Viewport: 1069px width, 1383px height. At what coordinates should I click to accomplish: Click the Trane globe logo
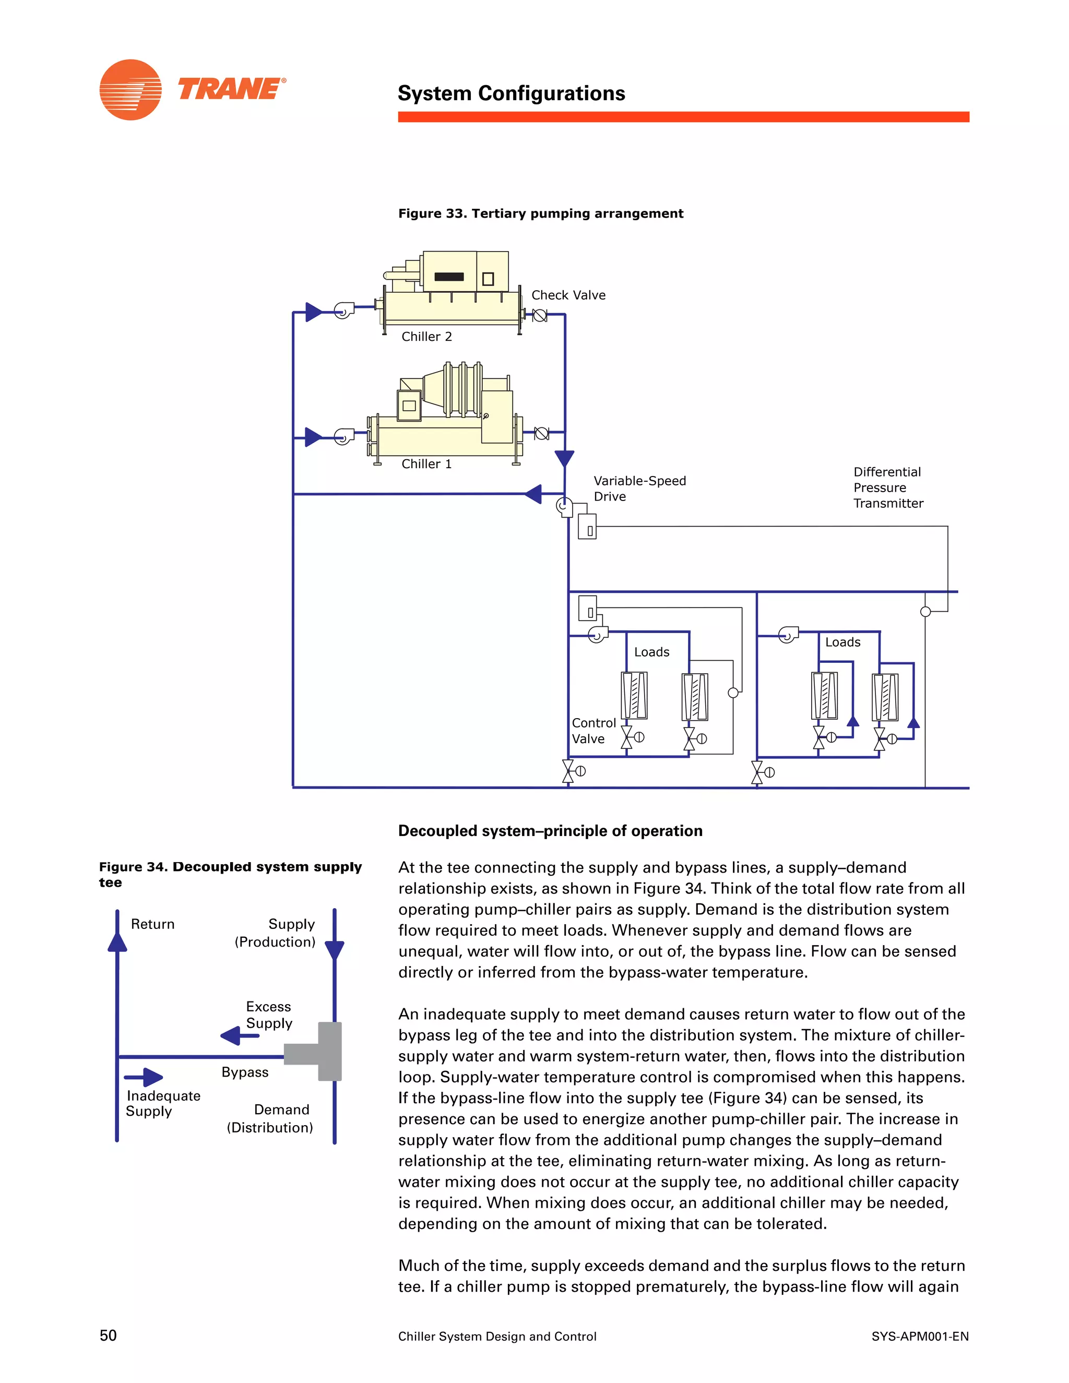130,90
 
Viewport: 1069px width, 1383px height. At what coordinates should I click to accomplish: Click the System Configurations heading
511,94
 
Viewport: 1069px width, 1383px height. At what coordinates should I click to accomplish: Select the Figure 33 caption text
540,213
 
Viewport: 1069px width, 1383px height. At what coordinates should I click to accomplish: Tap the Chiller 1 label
426,464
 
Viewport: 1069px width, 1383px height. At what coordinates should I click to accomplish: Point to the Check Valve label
568,295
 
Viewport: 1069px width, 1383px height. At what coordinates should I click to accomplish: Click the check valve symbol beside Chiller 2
540,315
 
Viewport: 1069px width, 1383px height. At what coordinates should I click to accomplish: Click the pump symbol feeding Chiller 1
343,436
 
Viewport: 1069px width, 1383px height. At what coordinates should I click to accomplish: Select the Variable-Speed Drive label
639,488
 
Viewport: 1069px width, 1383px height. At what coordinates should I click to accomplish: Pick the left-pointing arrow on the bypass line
534,494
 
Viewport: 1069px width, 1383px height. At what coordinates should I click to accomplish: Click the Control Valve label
593,731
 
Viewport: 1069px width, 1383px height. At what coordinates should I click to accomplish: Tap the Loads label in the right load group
842,642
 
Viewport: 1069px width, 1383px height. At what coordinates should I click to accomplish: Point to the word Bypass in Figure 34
245,1072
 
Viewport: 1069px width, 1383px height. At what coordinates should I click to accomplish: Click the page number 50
108,1336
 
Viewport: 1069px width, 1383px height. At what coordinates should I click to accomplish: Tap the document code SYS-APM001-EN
920,1336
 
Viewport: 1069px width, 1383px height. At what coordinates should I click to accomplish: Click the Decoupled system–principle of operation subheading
550,831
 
